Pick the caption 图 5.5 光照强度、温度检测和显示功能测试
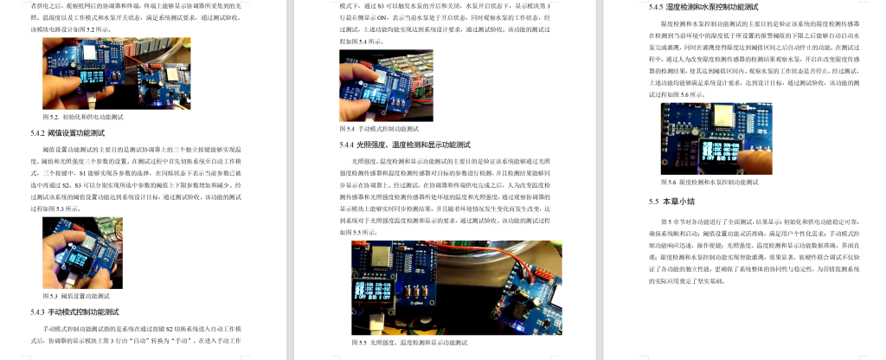point(405,343)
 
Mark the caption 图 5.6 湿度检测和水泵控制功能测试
point(709,183)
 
